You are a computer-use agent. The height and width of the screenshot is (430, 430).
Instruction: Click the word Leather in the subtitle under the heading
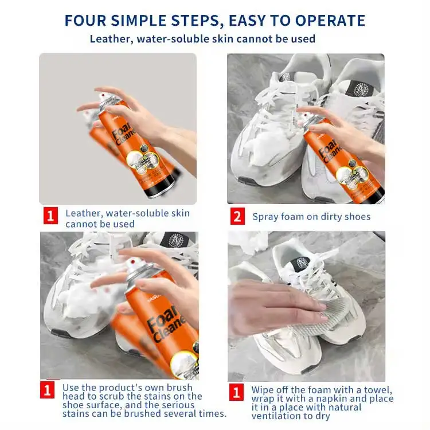(x=110, y=39)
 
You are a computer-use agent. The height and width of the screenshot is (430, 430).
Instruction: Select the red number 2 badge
(x=237, y=216)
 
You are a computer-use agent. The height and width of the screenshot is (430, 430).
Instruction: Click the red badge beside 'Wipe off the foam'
(x=236, y=392)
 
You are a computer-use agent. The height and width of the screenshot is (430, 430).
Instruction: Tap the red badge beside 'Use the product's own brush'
(x=47, y=389)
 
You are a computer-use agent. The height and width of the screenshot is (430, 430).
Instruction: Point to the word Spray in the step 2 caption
(x=264, y=217)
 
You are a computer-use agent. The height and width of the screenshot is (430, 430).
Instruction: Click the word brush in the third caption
(x=179, y=388)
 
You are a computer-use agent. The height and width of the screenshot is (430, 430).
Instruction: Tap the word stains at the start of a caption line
(x=76, y=413)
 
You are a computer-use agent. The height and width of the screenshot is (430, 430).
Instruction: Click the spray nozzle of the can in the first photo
(x=104, y=96)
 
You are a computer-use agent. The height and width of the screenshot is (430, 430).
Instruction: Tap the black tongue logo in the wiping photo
(x=301, y=264)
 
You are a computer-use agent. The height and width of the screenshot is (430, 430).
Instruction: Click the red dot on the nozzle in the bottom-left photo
(x=133, y=262)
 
